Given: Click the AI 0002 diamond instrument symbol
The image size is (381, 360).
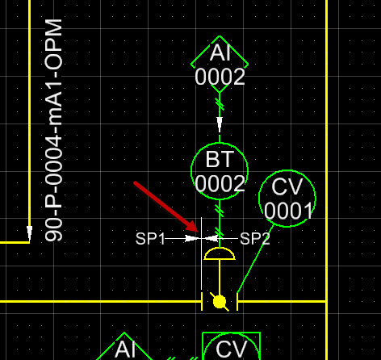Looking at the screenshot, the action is [191, 65].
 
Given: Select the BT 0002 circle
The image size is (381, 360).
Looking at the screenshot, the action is [191, 171].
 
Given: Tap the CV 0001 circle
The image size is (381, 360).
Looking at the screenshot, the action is [259, 199].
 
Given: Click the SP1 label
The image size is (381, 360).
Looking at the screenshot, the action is [150, 238].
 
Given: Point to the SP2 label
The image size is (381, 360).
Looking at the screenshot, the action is [254, 238].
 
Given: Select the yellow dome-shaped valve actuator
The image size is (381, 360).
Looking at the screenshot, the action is [220, 254].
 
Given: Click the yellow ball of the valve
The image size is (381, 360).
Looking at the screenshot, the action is [220, 302].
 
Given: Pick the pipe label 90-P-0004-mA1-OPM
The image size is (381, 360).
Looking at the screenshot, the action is [53, 130].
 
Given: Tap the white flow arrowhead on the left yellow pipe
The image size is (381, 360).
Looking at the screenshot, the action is [29, 232].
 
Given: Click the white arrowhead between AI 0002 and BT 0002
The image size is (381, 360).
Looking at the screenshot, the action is [220, 124].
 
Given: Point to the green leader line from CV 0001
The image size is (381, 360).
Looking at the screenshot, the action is [255, 258].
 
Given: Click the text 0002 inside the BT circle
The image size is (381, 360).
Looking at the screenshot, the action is [220, 183].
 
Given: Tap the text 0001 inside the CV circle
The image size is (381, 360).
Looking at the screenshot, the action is [288, 211].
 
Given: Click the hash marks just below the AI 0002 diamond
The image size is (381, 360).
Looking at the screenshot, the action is [220, 104].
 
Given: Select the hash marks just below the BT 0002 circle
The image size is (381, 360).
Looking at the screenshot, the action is [220, 211].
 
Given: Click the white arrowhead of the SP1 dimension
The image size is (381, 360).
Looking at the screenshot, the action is [191, 238].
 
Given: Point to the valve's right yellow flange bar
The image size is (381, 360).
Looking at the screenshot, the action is [237, 302].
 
